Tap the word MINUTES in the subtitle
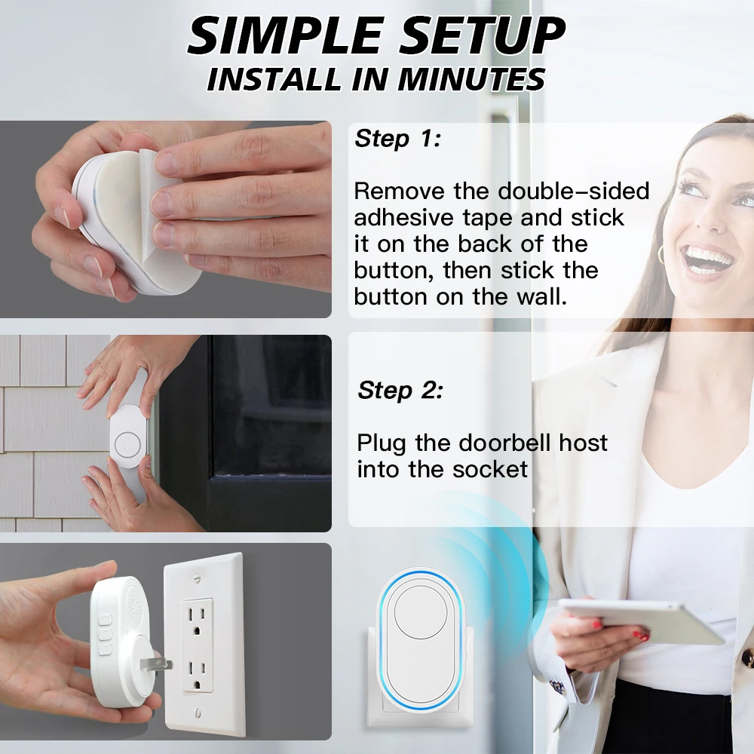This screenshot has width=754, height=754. pos(472,79)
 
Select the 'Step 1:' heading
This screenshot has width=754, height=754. pos(397,139)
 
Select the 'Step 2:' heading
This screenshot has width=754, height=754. pos(400,390)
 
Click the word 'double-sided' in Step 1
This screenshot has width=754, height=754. pos(573,191)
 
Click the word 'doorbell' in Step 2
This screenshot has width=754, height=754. pos(505,443)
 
